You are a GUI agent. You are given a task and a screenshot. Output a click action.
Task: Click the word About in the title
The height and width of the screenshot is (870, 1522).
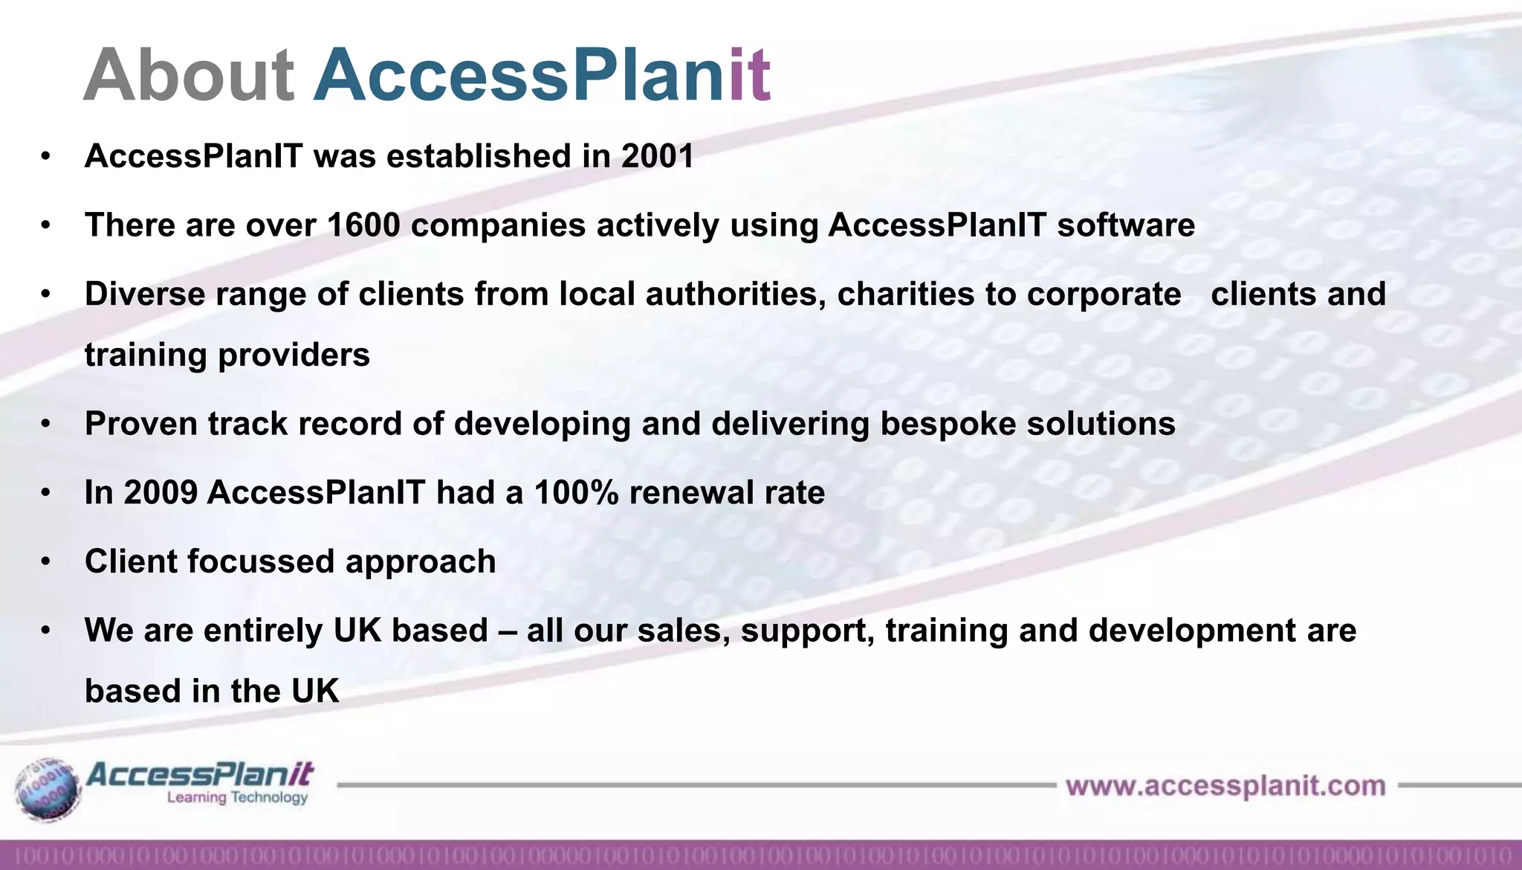point(189,76)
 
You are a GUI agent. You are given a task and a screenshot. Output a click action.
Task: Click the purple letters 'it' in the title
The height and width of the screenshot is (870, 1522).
point(749,76)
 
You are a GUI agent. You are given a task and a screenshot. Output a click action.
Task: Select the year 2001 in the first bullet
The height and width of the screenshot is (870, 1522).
point(657,156)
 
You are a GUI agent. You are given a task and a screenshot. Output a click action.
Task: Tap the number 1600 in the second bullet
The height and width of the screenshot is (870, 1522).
point(363,225)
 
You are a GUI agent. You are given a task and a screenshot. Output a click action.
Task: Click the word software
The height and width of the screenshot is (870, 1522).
point(1126,225)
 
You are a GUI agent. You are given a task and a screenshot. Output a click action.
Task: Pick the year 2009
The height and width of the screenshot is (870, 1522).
point(161,493)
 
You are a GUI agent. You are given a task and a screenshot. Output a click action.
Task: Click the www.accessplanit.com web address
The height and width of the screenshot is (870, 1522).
point(1225,786)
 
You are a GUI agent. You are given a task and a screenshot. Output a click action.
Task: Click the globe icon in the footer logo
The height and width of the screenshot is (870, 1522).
point(48,790)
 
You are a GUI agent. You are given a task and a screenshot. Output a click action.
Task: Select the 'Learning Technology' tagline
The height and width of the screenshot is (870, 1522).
point(237,798)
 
